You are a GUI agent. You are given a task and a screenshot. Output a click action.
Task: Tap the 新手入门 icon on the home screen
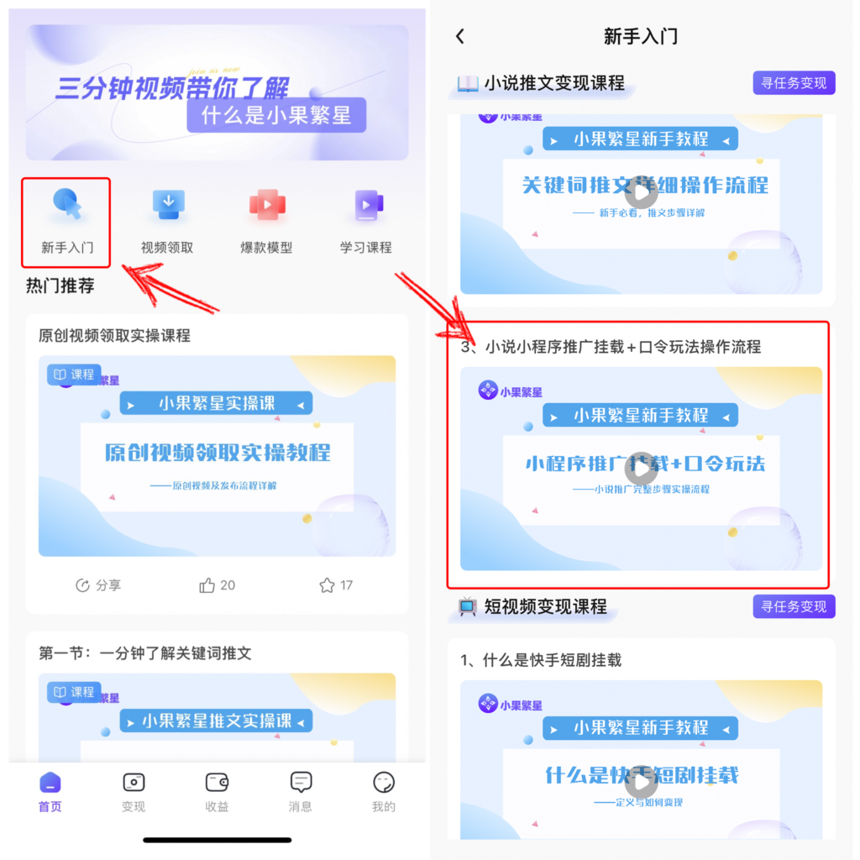pos(67,205)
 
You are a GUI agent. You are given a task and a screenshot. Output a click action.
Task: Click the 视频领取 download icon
pos(168,205)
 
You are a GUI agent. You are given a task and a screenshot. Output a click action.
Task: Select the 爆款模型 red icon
pos(267,205)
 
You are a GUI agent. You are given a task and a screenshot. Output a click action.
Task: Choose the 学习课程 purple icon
pos(367,205)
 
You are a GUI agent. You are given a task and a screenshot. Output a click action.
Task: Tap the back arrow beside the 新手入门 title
pos(459,36)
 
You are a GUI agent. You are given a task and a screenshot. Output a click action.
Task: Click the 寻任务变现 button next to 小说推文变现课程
pos(794,83)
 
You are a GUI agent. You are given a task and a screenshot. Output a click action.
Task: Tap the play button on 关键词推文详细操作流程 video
pos(642,194)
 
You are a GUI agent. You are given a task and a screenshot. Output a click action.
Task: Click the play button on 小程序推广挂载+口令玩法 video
pos(642,470)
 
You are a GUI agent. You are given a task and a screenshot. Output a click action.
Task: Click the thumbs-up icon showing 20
pos(207,585)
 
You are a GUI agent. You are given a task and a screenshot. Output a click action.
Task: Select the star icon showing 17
pos(327,585)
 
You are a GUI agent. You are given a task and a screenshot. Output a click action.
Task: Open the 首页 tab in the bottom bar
pos(50,792)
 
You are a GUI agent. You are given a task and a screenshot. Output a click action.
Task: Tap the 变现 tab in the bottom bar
pos(134,792)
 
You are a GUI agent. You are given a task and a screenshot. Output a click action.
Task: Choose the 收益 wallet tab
pos(217,792)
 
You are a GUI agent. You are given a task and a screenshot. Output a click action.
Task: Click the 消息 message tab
pos(300,792)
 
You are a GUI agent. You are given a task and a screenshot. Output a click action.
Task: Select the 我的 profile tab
pos(384,792)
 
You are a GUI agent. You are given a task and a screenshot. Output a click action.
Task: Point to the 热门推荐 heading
pos(60,286)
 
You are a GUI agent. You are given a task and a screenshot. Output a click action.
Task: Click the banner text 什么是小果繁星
pos(276,115)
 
